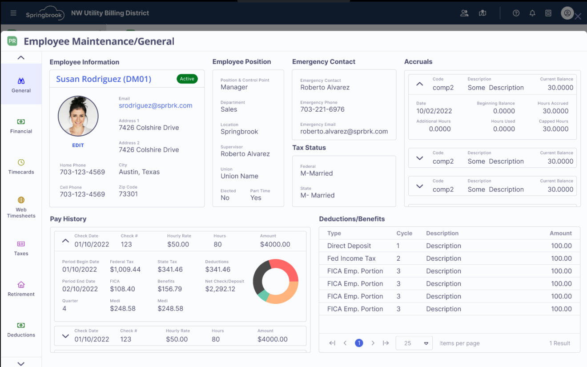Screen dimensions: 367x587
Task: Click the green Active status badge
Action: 187,79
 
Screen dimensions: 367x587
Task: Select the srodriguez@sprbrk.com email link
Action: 155,105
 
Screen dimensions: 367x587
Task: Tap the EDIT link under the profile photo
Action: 78,145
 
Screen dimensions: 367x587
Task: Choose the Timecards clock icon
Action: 21,162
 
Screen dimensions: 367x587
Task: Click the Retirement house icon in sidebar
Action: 21,285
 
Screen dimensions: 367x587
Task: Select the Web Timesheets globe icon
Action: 21,200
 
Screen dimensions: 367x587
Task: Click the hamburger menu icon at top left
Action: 13,13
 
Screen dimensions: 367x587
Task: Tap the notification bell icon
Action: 532,13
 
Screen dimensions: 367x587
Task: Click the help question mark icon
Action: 516,13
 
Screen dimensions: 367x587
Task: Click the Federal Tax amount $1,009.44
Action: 125,269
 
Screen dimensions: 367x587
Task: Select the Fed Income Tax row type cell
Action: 351,258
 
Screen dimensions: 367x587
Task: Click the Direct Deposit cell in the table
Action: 349,246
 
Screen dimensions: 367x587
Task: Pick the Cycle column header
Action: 404,233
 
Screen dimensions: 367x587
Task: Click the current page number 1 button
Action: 359,343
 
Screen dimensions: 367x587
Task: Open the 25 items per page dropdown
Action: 414,343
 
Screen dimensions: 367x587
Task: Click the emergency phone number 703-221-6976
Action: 322,109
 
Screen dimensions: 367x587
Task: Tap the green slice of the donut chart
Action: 263,295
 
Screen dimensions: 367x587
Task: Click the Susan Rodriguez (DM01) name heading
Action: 104,79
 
